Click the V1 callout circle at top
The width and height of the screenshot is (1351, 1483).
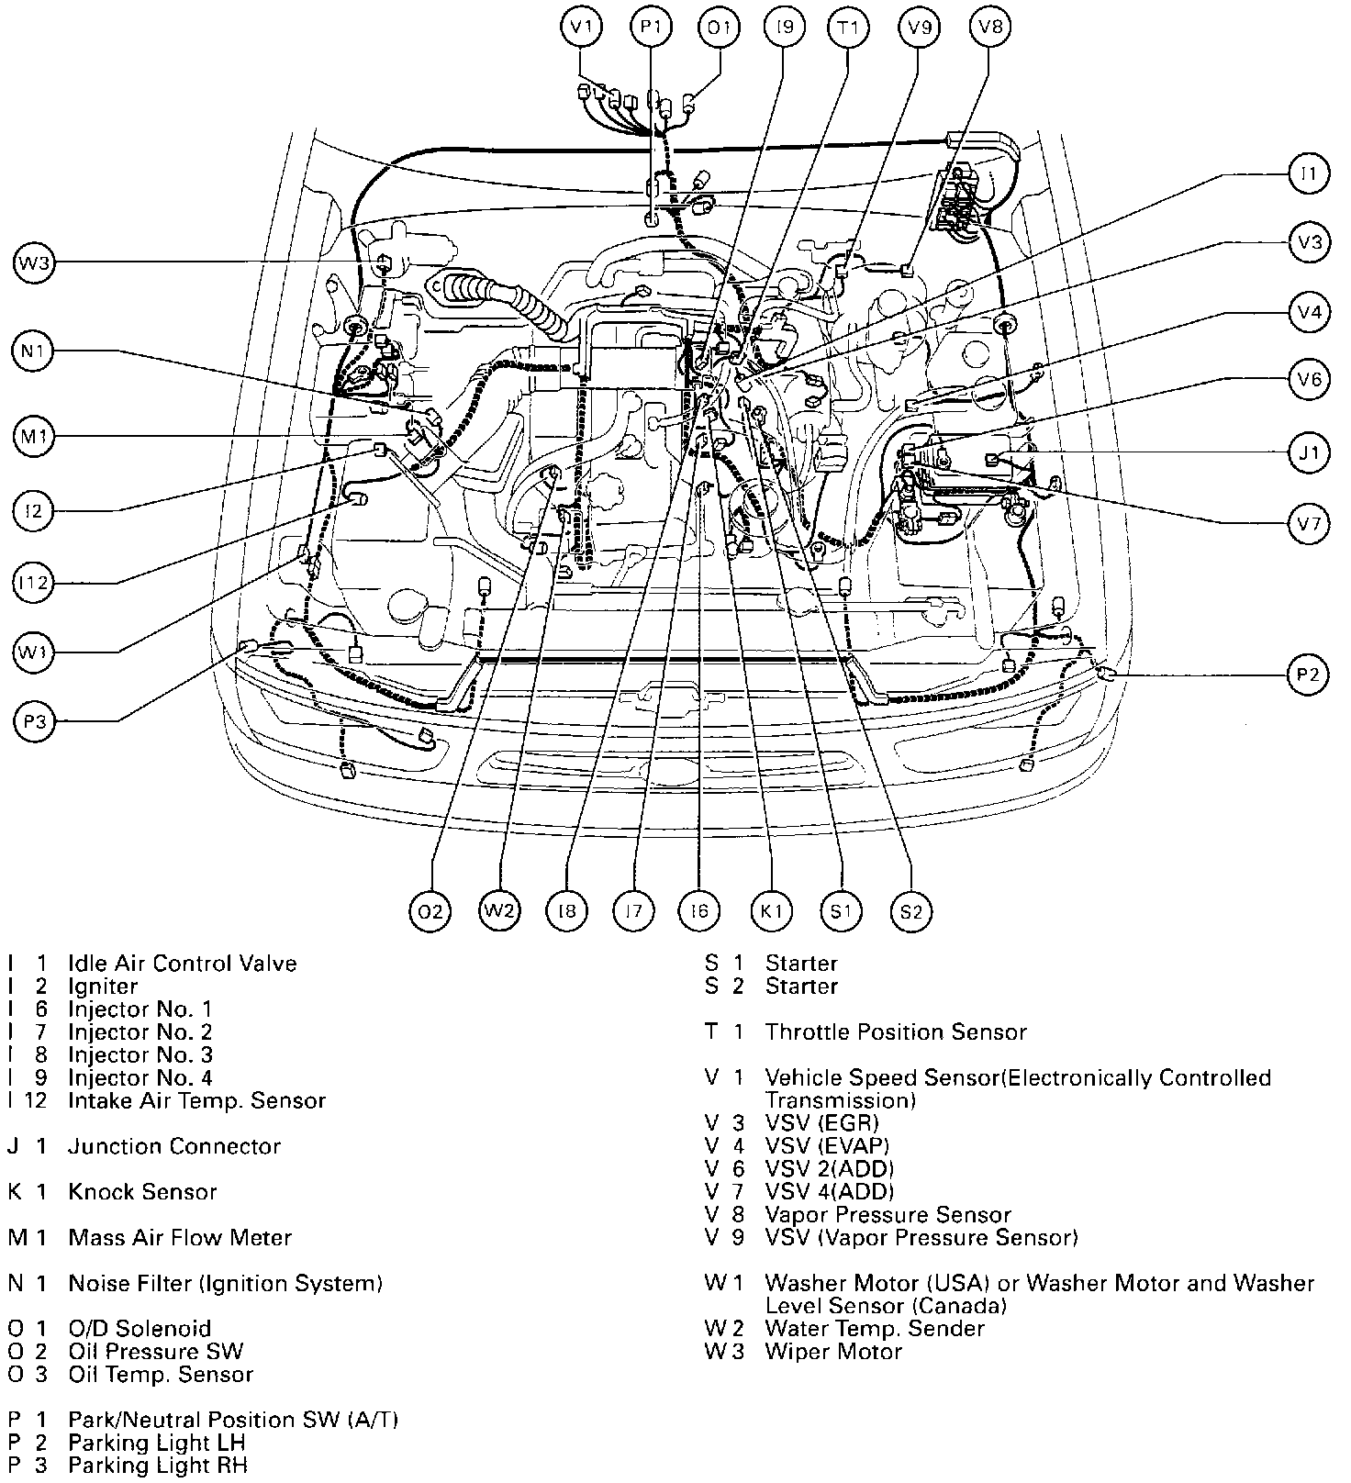point(582,27)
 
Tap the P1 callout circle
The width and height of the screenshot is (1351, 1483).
point(651,27)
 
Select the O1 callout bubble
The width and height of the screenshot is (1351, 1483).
point(719,27)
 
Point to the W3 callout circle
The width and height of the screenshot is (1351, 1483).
point(35,265)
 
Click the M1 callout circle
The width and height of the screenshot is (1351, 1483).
point(35,438)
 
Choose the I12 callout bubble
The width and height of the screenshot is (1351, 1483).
point(35,583)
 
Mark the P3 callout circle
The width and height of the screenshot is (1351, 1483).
point(35,722)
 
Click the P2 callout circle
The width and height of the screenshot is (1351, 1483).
point(1308,676)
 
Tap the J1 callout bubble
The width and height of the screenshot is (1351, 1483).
point(1308,452)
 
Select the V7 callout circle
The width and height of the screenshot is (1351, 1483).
point(1308,524)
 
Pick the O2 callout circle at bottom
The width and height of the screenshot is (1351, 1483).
point(430,911)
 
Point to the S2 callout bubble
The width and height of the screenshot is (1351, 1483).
point(910,911)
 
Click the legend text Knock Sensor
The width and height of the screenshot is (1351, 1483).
point(142,1192)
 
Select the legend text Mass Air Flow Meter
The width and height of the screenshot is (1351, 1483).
point(180,1238)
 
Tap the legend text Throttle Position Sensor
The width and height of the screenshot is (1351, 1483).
point(896,1032)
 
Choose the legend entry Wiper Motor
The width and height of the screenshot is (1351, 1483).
point(833,1352)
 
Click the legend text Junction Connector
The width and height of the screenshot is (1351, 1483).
point(174,1146)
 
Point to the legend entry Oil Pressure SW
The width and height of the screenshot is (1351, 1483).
point(156,1352)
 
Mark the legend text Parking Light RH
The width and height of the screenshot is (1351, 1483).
point(158,1466)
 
